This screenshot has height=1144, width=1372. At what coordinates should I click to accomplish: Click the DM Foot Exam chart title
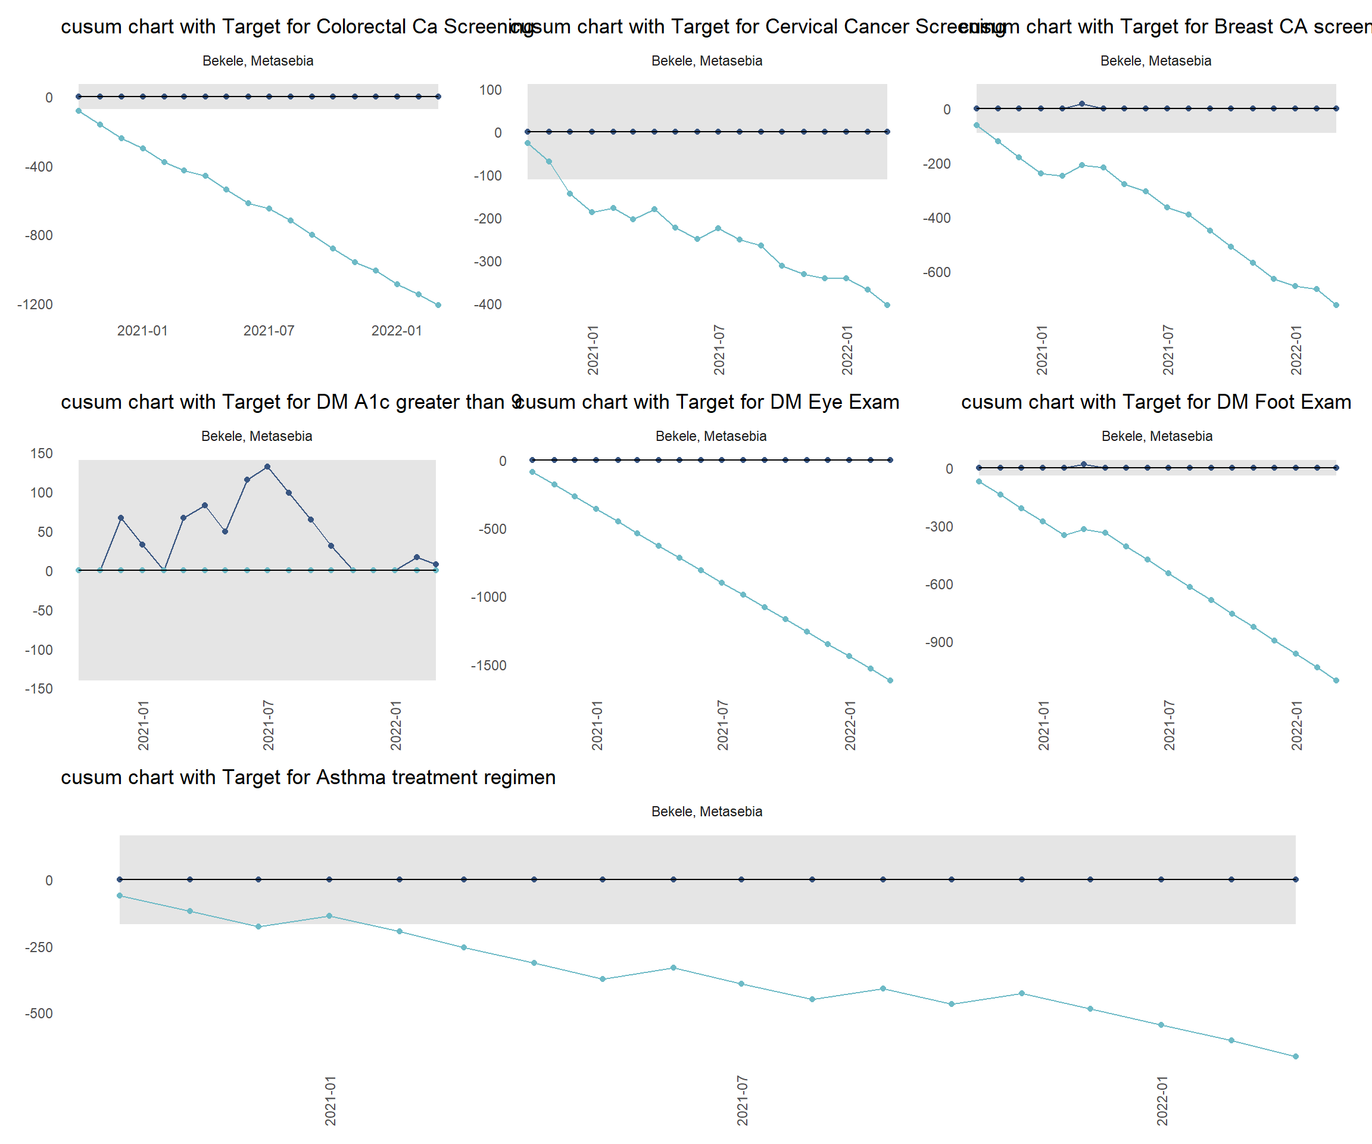pyautogui.click(x=1156, y=402)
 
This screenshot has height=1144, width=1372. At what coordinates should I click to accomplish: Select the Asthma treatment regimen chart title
pyautogui.click(x=308, y=778)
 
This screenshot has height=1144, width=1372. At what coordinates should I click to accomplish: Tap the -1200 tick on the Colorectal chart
pyautogui.click(x=35, y=304)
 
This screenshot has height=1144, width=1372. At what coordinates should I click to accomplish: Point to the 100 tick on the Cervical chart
pyautogui.click(x=490, y=90)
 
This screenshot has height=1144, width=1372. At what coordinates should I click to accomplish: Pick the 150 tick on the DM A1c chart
pyautogui.click(x=41, y=453)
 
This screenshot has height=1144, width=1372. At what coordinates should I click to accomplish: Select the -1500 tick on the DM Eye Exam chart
pyautogui.click(x=488, y=666)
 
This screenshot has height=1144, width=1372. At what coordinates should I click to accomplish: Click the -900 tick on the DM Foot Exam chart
pyautogui.click(x=939, y=642)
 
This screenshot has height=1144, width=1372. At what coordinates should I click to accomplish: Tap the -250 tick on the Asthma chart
pyautogui.click(x=39, y=947)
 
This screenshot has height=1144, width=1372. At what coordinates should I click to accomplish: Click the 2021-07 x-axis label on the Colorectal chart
pyautogui.click(x=269, y=331)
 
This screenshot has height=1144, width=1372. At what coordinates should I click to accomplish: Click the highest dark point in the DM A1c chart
pyautogui.click(x=267, y=467)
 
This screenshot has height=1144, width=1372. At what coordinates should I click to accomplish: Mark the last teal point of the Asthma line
pyautogui.click(x=1296, y=1056)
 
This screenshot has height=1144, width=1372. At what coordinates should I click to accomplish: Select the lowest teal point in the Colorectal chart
pyautogui.click(x=438, y=305)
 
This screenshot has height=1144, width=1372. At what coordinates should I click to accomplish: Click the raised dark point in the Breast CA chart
pyautogui.click(x=1082, y=104)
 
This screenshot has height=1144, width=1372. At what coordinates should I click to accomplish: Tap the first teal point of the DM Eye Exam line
pyautogui.click(x=532, y=472)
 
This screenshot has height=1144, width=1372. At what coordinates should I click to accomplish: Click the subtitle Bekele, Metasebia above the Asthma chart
pyautogui.click(x=706, y=812)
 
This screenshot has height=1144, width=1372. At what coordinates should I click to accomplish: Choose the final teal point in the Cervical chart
pyautogui.click(x=887, y=305)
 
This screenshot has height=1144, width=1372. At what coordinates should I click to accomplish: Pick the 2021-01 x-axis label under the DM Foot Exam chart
pyautogui.click(x=1044, y=726)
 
